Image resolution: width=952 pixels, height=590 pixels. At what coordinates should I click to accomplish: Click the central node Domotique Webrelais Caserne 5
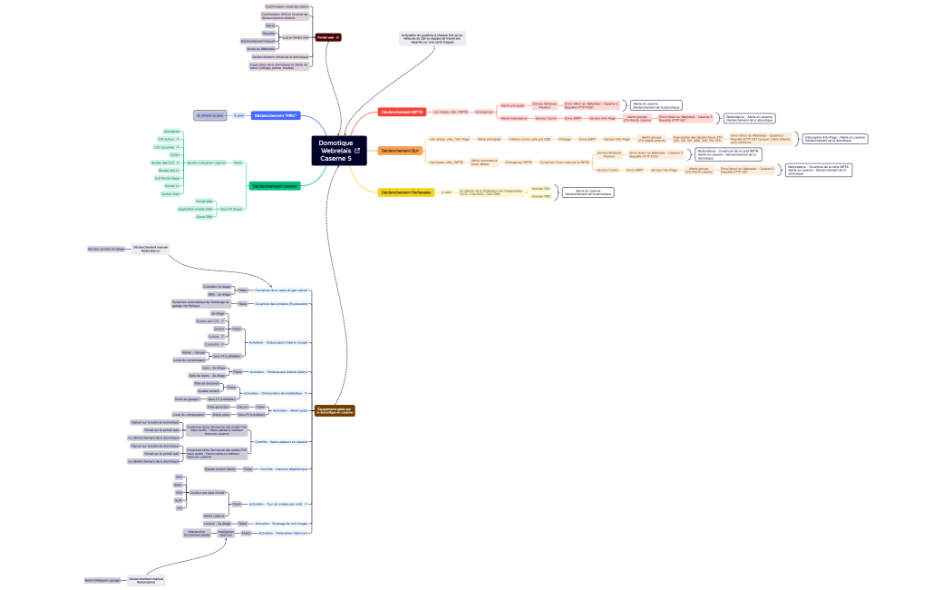pyautogui.click(x=340, y=151)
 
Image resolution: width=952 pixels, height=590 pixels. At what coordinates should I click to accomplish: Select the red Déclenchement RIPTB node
pyautogui.click(x=402, y=112)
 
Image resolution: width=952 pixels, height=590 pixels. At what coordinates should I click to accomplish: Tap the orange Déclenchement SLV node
pyautogui.click(x=400, y=151)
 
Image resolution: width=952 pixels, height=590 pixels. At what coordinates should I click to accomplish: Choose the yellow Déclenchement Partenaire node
pyautogui.click(x=406, y=192)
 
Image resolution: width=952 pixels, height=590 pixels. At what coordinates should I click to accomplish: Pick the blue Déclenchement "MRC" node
pyautogui.click(x=276, y=115)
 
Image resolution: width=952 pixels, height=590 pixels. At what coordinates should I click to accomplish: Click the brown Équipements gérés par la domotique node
pyautogui.click(x=335, y=411)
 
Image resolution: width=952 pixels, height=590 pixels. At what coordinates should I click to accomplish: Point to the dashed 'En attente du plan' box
pyautogui.click(x=209, y=115)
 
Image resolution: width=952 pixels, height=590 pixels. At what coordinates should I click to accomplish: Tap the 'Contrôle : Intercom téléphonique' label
pyautogui.click(x=284, y=469)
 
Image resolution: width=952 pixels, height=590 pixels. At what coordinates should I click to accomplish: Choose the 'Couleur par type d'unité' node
pyautogui.click(x=207, y=492)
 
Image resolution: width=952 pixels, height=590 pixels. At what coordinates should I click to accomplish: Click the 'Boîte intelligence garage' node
pyautogui.click(x=102, y=579)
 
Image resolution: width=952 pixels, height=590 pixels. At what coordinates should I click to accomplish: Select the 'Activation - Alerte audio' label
pyautogui.click(x=292, y=410)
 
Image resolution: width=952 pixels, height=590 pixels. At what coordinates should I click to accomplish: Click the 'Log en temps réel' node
pyautogui.click(x=296, y=37)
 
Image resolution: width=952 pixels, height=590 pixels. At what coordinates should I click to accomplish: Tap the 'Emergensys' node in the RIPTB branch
pyautogui.click(x=484, y=112)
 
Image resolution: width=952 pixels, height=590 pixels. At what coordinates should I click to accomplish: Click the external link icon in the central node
pyautogui.click(x=357, y=151)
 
